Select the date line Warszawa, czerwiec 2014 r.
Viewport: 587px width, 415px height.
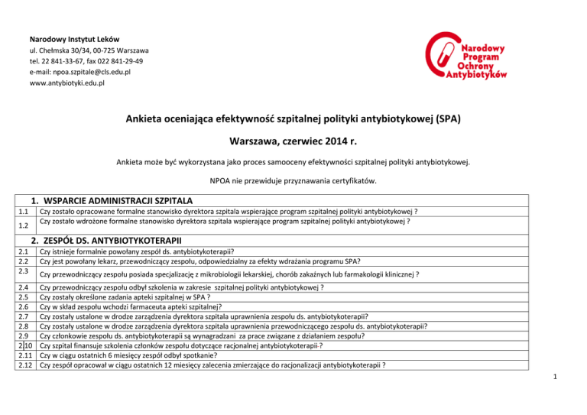pos(293,141)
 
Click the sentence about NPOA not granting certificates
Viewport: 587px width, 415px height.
pos(293,182)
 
